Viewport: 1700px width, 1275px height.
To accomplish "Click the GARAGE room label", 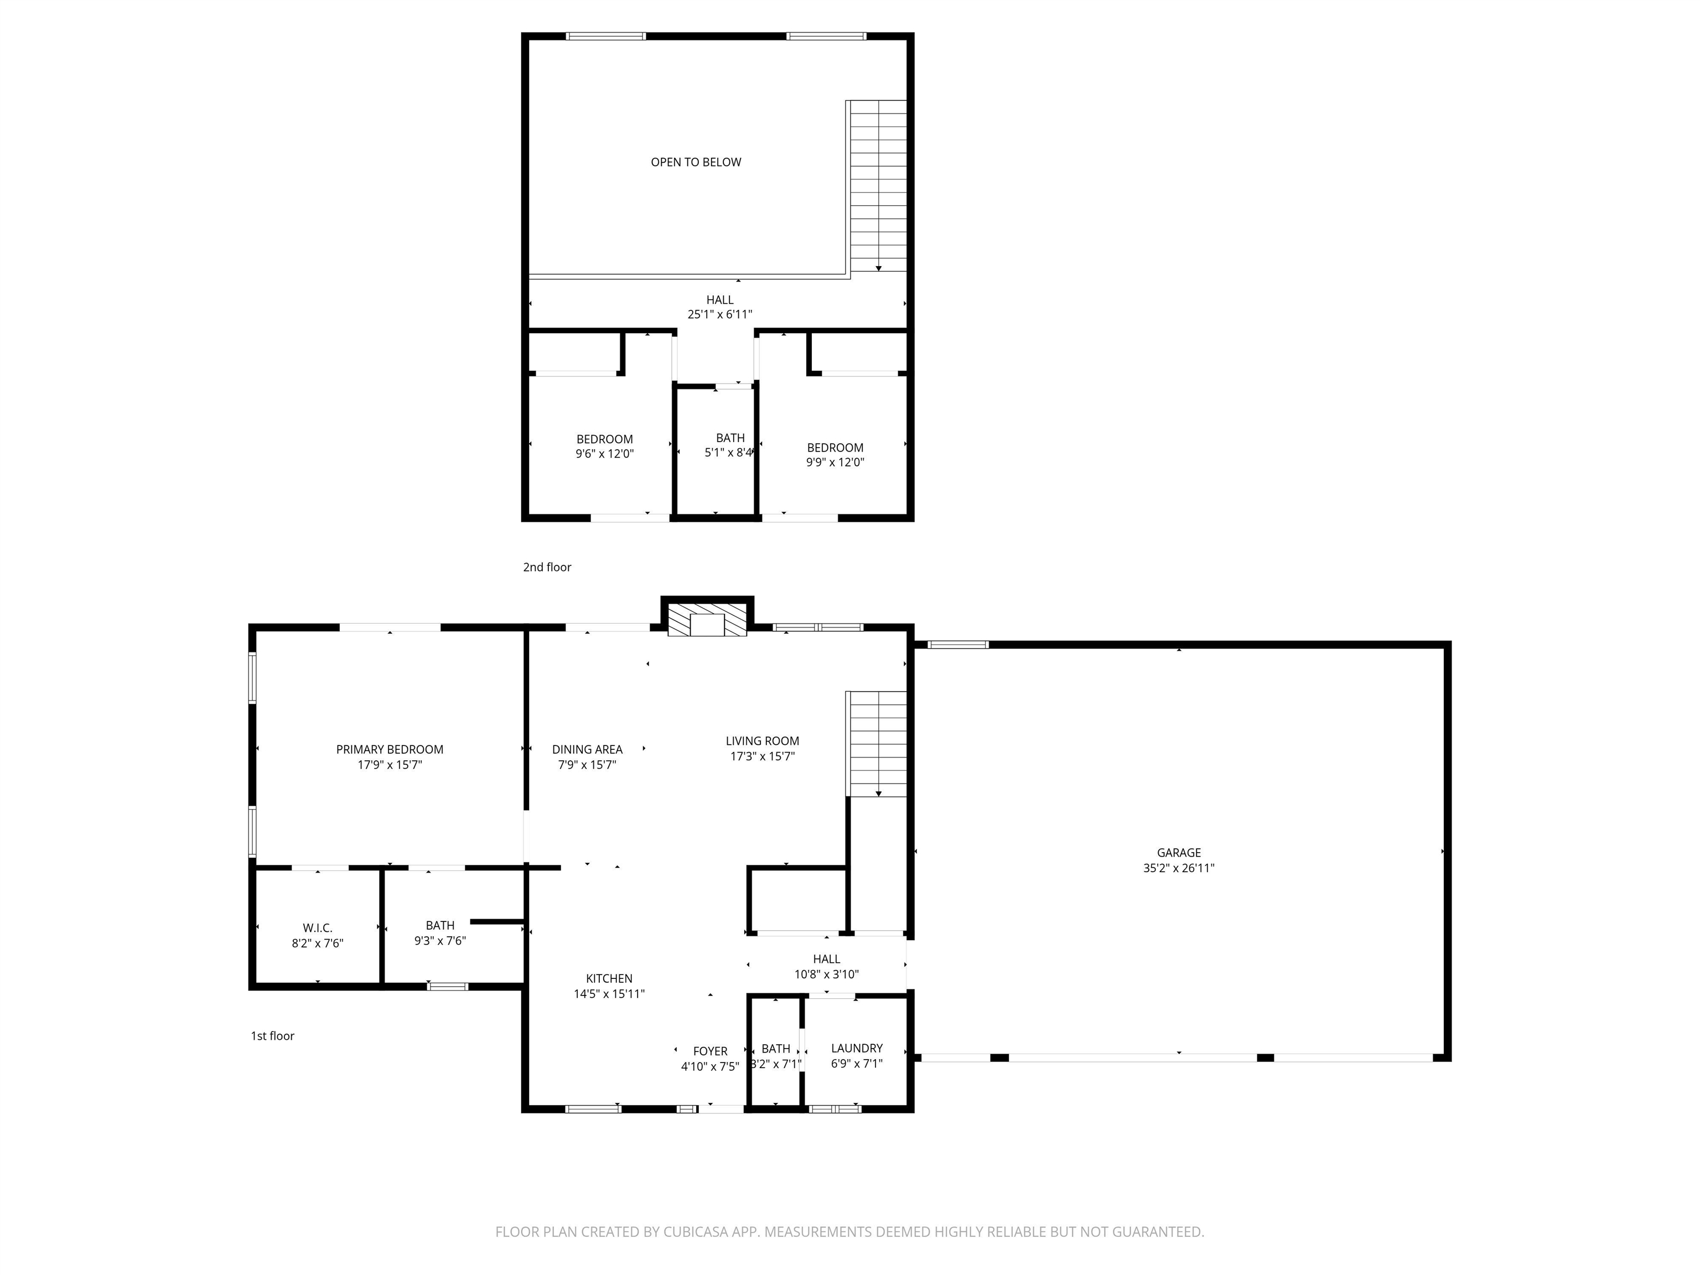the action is [x=1178, y=852].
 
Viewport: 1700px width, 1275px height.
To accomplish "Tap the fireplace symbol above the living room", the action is [x=707, y=619].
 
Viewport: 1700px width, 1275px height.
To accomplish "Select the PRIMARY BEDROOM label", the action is [x=390, y=749].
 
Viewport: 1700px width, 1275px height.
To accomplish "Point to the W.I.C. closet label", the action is [x=318, y=929].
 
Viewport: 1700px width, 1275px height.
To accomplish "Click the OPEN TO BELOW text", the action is [x=696, y=162].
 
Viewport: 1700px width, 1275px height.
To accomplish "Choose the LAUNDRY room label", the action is [x=857, y=1048].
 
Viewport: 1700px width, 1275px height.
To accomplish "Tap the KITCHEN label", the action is [x=609, y=978].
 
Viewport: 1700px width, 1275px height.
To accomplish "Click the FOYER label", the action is [x=710, y=1051].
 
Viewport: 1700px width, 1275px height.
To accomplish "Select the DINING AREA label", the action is [x=587, y=749].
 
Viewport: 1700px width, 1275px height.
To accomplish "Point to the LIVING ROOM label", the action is [x=763, y=741].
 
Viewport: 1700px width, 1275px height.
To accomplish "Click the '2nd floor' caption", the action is [x=547, y=567].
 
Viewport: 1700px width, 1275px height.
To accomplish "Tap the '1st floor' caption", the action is [x=273, y=1036].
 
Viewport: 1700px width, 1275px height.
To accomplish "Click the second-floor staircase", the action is [x=877, y=186].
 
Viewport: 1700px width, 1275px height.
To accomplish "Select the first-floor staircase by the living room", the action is [x=877, y=744].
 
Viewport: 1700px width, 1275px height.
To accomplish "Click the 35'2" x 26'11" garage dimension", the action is [x=1178, y=868].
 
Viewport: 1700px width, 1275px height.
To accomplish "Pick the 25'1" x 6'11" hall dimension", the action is [x=720, y=314].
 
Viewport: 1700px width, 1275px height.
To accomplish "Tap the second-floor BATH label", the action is [x=730, y=438].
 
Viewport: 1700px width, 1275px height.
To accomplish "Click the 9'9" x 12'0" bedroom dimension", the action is [x=836, y=463].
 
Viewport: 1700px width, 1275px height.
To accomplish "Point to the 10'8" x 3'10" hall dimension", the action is [x=826, y=975].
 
